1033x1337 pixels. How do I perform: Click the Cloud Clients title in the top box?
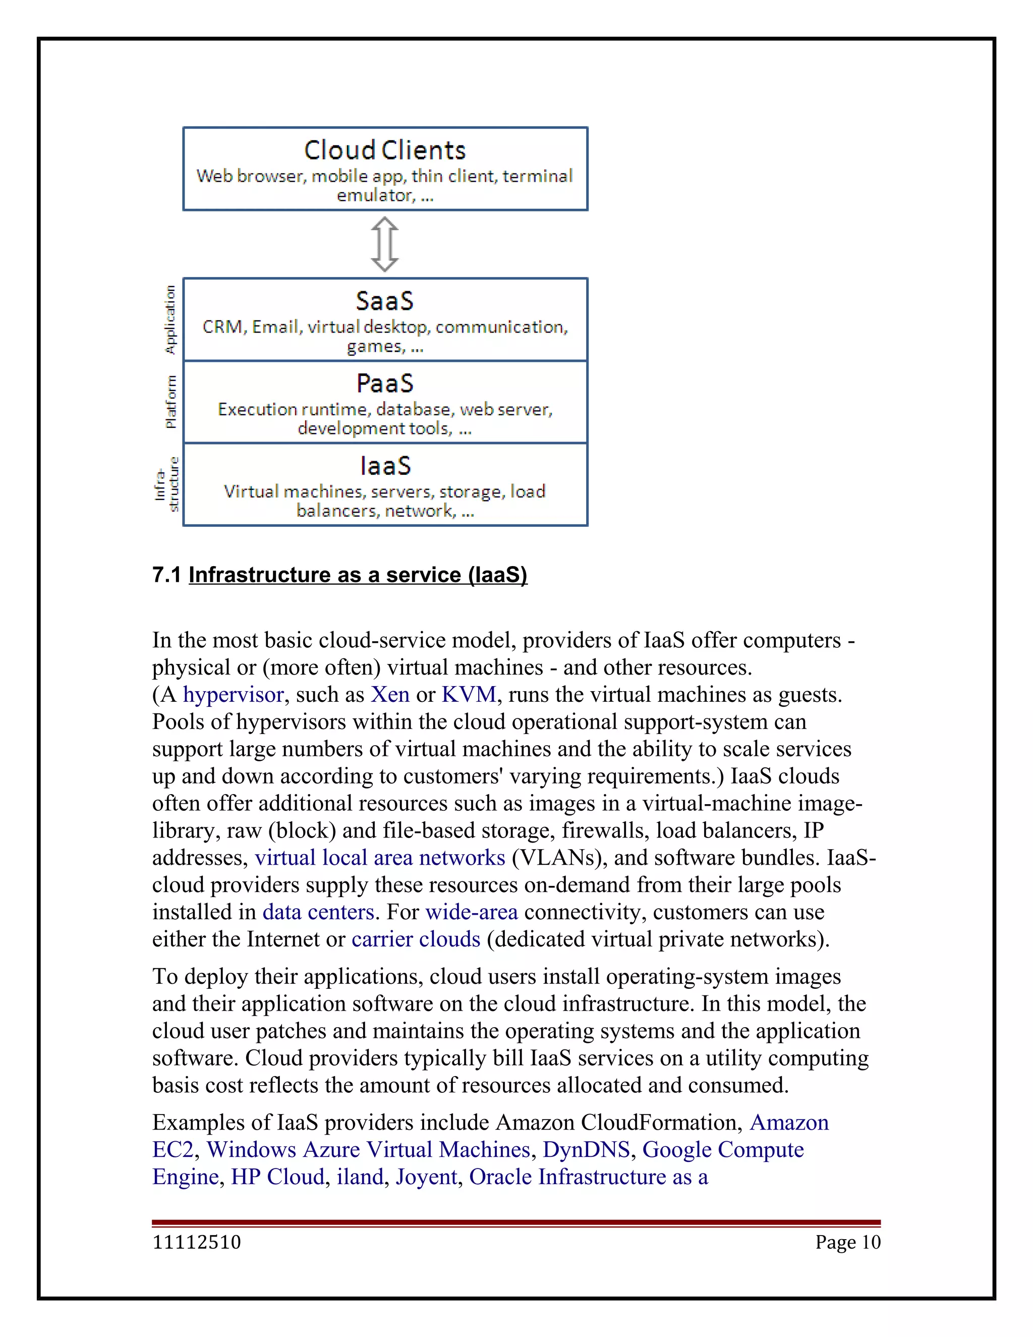click(385, 150)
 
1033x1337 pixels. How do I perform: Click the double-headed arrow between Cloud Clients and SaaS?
click(385, 244)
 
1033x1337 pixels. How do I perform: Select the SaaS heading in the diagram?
click(385, 301)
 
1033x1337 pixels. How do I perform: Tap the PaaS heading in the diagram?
click(385, 384)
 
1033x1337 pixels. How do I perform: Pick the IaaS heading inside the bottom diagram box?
click(385, 466)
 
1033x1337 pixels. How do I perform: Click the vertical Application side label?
click(170, 319)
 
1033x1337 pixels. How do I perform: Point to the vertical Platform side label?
click(171, 402)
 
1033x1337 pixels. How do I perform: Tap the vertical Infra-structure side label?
click(167, 484)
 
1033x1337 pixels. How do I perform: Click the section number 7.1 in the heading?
click(166, 575)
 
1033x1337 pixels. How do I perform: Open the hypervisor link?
click(233, 695)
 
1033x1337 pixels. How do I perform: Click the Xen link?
click(390, 695)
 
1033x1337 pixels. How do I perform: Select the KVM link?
click(469, 695)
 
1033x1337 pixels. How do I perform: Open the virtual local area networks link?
click(380, 858)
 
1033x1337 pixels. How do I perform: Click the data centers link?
click(318, 912)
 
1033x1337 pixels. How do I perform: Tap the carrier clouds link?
click(416, 939)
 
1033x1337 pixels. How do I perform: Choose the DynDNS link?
click(586, 1150)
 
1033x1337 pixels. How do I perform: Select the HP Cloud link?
click(277, 1177)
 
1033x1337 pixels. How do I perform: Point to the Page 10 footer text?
click(847, 1242)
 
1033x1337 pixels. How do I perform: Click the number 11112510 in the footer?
click(196, 1242)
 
